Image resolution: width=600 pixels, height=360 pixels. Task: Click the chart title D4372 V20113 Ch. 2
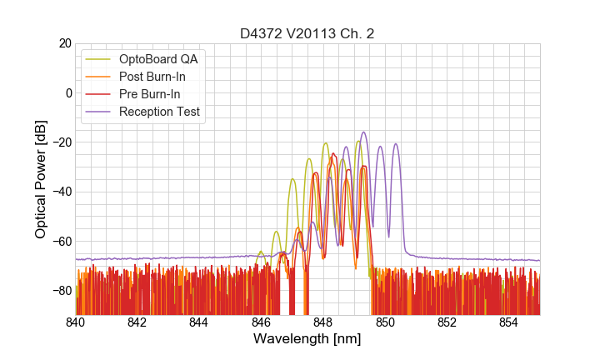click(307, 34)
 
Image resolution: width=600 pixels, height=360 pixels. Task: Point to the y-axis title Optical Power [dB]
click(41, 178)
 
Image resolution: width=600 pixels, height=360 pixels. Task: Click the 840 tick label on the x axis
click(75, 322)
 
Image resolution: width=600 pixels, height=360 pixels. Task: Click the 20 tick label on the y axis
click(64, 43)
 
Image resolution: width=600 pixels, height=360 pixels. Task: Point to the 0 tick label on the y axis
click(68, 92)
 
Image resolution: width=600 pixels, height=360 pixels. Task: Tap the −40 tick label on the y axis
click(59, 192)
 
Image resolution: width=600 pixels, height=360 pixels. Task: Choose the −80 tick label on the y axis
click(59, 290)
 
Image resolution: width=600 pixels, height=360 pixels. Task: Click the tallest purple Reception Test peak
click(363, 132)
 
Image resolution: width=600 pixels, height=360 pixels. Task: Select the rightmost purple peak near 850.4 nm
click(396, 144)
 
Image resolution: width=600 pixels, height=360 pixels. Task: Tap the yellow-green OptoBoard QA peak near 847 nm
click(292, 179)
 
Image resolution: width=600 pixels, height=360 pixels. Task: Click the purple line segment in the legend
click(99, 112)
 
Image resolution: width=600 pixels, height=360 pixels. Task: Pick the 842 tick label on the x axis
click(137, 322)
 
